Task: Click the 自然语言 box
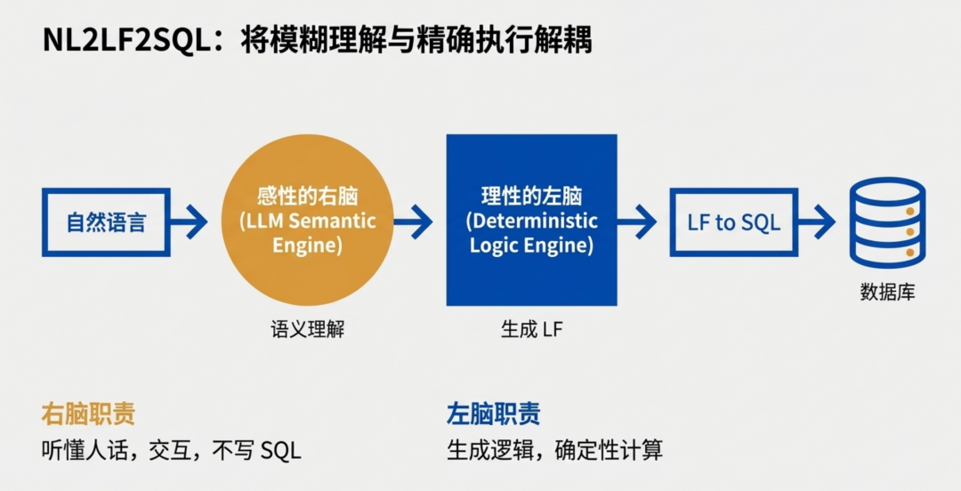point(106,222)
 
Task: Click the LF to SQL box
point(733,222)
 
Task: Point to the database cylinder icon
point(887,222)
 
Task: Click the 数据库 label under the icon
point(887,292)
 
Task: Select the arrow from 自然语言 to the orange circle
point(190,222)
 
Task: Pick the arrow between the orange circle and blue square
point(415,222)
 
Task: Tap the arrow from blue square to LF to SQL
point(637,222)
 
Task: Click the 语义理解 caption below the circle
point(307,329)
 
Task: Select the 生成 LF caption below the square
point(531,329)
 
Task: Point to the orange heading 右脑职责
point(88,414)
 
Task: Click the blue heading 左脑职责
point(493,414)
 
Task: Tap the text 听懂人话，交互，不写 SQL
point(172,450)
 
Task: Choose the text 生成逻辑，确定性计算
point(554,450)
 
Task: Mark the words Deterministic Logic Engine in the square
point(531,233)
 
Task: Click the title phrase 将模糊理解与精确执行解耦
point(416,42)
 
